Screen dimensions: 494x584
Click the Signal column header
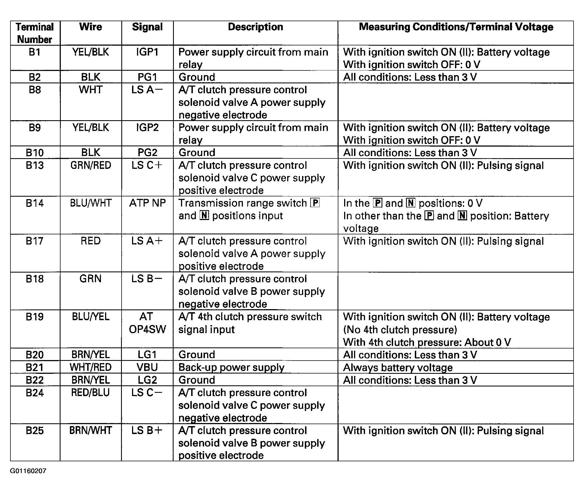point(147,27)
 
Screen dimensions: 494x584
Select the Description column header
point(255,27)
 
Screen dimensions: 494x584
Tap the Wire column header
point(91,27)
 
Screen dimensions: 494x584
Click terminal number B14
point(35,203)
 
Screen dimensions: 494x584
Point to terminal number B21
point(35,367)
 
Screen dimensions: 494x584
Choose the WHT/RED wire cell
point(91,367)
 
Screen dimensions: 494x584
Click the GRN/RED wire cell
point(91,165)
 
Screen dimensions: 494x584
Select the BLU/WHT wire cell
point(91,203)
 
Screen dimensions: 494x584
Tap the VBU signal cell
point(147,367)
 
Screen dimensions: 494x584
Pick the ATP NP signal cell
point(147,203)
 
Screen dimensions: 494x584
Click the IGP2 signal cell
point(147,128)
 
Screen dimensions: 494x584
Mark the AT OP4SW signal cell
point(147,323)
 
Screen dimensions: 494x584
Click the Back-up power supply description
point(231,367)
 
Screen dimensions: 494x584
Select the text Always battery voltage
point(398,367)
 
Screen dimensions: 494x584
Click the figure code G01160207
point(28,471)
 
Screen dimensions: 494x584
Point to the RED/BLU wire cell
point(91,393)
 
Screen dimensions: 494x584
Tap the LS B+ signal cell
point(147,430)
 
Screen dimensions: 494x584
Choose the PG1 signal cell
point(147,77)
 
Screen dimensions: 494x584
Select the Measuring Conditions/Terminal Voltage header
point(456,27)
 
